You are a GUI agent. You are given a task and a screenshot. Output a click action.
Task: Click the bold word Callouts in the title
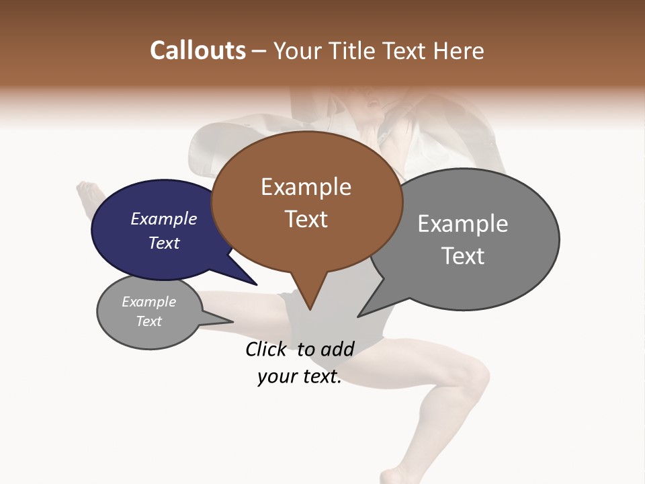(x=198, y=50)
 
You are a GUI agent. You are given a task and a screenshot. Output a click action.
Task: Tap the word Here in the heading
(x=460, y=50)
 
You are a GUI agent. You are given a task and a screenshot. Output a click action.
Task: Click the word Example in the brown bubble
(x=306, y=187)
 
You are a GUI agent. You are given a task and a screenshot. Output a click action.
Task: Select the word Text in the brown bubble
(x=306, y=218)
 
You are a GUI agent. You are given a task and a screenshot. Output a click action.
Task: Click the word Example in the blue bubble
(x=163, y=218)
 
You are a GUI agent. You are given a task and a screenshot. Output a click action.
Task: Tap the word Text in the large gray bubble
(x=463, y=255)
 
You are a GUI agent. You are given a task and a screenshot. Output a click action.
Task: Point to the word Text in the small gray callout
(x=149, y=321)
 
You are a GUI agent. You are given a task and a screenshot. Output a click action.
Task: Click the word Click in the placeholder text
(x=266, y=349)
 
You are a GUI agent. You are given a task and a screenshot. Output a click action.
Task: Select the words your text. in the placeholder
(x=300, y=376)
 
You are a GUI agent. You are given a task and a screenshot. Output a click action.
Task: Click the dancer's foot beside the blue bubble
(x=87, y=195)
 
